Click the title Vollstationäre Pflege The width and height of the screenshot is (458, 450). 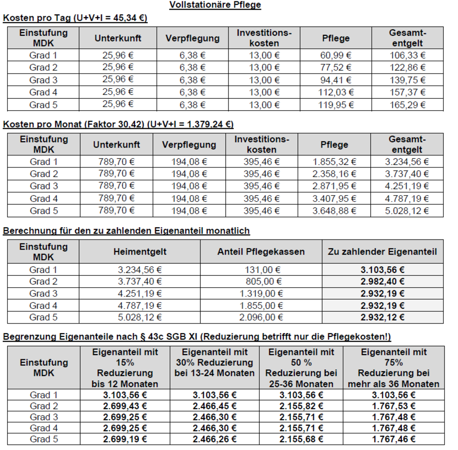click(215, 5)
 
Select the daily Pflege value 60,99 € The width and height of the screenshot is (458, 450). click(336, 55)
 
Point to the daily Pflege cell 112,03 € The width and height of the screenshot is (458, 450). click(336, 92)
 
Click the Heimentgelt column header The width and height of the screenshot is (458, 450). click(139, 251)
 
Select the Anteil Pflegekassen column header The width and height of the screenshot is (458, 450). click(261, 251)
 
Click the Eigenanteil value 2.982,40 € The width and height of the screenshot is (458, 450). click(383, 282)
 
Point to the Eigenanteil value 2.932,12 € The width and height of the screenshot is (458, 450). click(383, 317)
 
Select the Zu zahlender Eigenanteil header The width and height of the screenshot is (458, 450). click(383, 251)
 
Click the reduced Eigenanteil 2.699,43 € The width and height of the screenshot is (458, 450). click(125, 406)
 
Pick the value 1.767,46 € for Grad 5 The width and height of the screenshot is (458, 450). click(394, 439)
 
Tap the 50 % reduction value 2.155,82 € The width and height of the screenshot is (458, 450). click(302, 406)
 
